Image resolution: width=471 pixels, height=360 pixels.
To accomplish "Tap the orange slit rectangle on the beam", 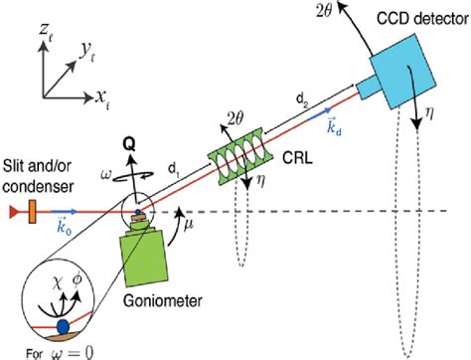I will tap(33, 211).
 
